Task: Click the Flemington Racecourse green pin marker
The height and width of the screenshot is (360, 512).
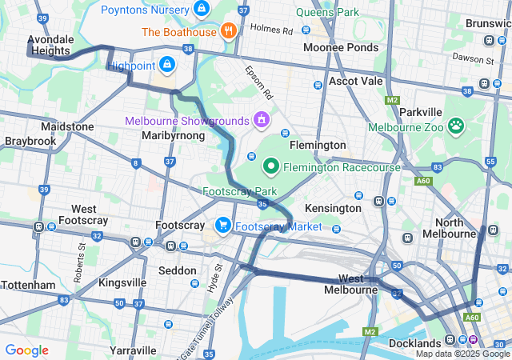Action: point(271,166)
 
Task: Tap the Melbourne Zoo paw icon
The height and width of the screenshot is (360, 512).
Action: point(456,125)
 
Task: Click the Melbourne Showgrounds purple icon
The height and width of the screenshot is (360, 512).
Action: point(261,120)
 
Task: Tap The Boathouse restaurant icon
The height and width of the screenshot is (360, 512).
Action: point(229,32)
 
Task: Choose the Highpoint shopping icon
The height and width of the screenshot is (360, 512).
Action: point(166,64)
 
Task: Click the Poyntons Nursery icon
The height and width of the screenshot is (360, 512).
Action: point(202,10)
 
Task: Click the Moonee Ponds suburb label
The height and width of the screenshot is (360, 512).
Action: point(341,48)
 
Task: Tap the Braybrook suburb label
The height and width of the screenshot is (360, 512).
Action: point(30,141)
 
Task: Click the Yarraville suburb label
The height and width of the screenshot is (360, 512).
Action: point(132,350)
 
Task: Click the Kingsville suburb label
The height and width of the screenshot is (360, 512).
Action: point(122,282)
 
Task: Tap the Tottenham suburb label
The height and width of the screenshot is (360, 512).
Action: point(28,285)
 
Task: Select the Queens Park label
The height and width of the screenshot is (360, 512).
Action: point(327,13)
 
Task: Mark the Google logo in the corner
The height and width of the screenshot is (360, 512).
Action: point(26,350)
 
